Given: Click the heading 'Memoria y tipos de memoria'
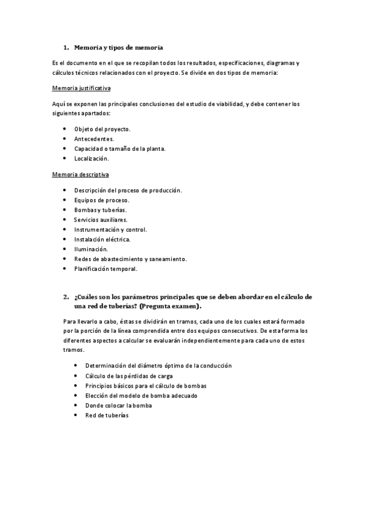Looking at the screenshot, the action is (118, 47).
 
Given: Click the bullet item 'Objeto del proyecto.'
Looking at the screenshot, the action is (102, 129).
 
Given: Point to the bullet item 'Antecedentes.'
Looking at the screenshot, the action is (94, 139).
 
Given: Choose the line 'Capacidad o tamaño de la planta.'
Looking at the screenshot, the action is (120, 148).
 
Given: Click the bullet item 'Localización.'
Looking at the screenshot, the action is (91, 158).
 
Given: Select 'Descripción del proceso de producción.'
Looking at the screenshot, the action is (128, 190).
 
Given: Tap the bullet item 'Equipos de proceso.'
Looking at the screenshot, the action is (102, 200).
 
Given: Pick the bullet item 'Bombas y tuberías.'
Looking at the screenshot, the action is (101, 210).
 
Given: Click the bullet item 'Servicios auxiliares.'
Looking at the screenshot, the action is (101, 220).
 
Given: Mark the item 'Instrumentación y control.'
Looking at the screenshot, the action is (111, 229).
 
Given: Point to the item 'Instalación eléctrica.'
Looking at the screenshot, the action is (102, 239).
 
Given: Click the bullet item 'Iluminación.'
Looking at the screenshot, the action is (91, 249).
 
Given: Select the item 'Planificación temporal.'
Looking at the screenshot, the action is (105, 268).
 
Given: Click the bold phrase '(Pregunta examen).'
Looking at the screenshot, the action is (171, 306).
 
